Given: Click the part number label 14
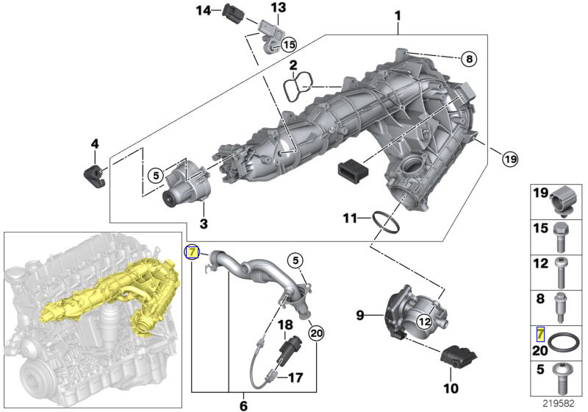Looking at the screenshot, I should (x=203, y=10).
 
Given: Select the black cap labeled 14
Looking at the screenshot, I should (x=234, y=13).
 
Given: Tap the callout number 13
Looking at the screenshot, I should (x=277, y=8).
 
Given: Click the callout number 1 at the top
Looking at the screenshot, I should (x=398, y=15).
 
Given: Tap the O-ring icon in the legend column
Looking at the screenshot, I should (x=563, y=343).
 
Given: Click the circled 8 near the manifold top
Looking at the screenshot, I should (x=470, y=58).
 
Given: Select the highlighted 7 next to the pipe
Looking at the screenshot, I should (x=192, y=252).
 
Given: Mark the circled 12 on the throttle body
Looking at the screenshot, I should (x=424, y=320).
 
